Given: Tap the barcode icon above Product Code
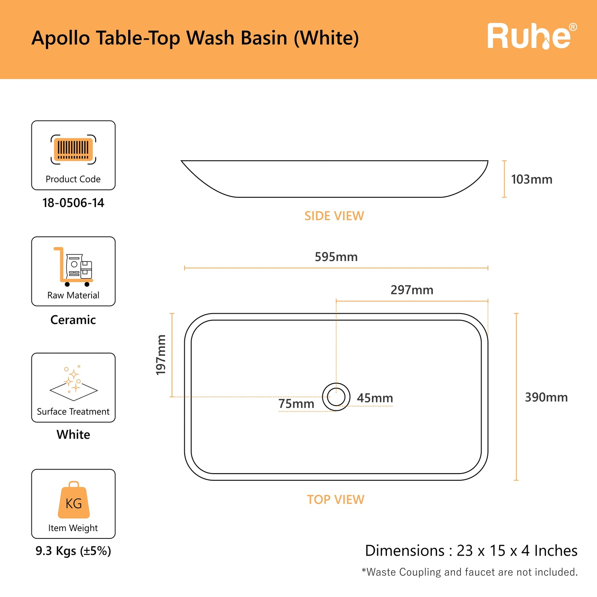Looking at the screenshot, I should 73,150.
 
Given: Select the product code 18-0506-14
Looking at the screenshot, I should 73,203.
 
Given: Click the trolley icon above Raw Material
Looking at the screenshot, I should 73,267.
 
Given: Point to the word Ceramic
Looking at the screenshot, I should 73,320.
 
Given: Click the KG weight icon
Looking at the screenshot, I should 74,501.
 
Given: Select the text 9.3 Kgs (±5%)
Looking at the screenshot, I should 73,551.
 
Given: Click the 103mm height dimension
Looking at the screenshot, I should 531,179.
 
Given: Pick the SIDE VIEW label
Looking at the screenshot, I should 334,216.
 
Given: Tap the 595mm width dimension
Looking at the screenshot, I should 336,257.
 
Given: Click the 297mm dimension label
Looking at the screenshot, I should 412,290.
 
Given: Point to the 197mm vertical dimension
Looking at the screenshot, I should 161,355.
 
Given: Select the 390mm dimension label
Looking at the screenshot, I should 546,397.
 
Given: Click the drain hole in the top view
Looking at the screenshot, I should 336,397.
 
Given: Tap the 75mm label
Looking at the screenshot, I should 296,404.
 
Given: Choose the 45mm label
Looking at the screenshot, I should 375,398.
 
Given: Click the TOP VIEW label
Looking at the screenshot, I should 336,500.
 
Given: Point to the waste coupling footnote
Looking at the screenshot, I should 470,572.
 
